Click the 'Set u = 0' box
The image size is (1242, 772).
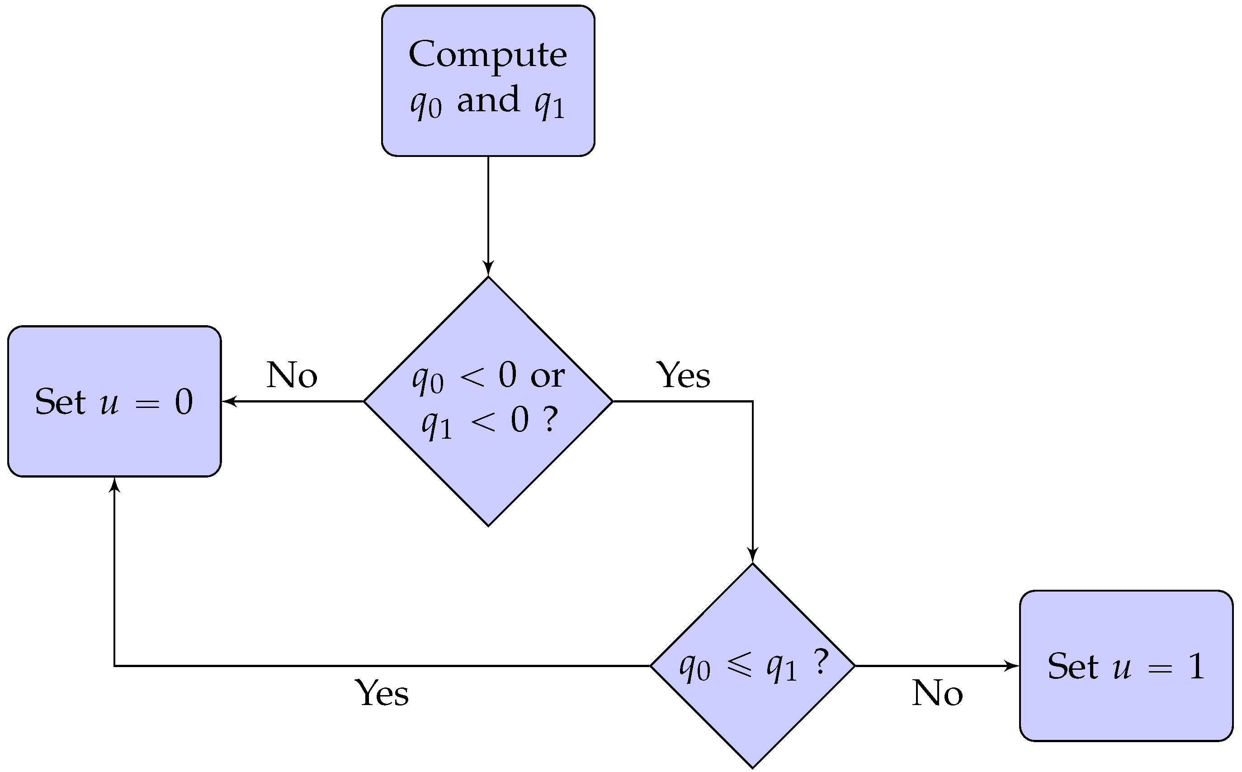[114, 401]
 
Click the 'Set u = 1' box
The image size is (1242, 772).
[1126, 666]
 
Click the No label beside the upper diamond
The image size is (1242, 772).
[292, 375]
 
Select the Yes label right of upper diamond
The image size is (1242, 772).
[683, 375]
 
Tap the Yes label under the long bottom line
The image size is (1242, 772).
[382, 693]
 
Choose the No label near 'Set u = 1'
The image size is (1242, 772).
[937, 693]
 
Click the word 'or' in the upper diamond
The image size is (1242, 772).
[547, 377]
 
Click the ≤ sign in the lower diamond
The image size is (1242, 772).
[739, 665]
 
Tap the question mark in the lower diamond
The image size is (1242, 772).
[820, 662]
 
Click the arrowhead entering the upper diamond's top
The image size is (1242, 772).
[488, 269]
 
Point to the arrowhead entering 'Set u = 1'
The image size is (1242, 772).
[1012, 666]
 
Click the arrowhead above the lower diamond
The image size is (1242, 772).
[752, 555]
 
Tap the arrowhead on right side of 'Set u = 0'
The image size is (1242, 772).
[229, 401]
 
